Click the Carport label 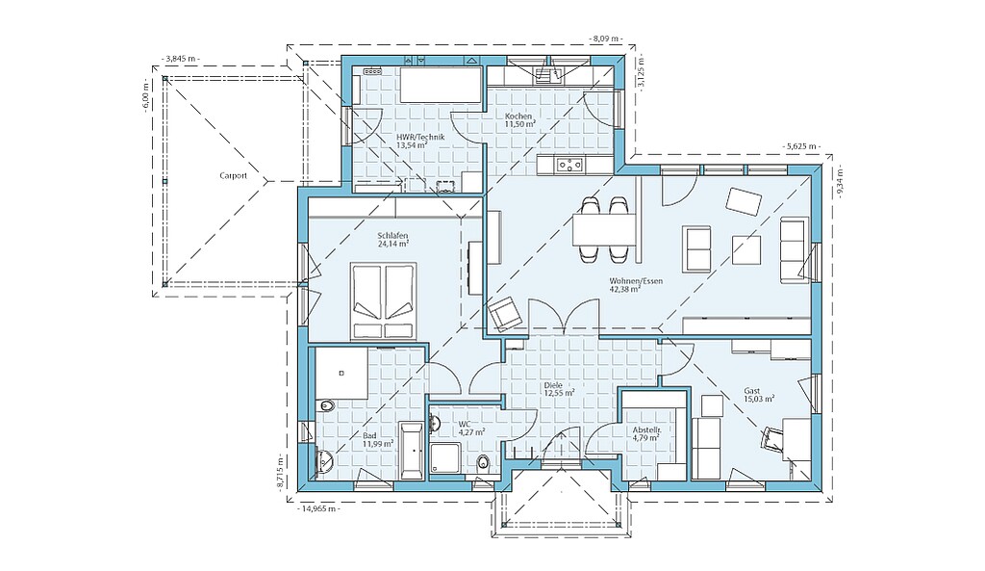233,176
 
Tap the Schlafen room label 392,235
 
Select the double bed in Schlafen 383,301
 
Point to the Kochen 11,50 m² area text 519,120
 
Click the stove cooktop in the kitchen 569,166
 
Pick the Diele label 554,385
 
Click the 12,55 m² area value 559,394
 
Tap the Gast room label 752,391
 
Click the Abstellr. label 646,430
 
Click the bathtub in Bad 412,451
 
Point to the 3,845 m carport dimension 181,59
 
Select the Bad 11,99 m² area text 378,439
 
